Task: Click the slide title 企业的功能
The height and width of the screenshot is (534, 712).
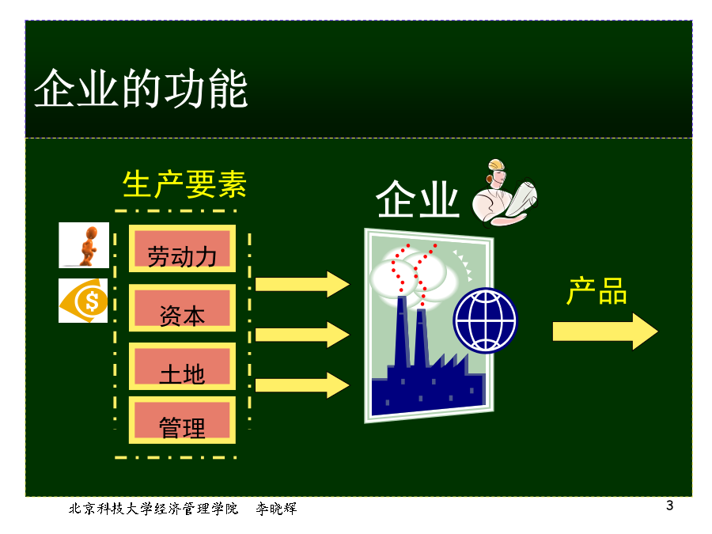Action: tap(141, 89)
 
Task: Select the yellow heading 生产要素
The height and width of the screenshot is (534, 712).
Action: tap(184, 184)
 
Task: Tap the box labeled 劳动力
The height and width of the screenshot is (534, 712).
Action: tap(182, 248)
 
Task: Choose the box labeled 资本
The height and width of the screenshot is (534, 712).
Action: tap(182, 308)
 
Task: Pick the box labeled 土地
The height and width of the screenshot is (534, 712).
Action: tap(182, 366)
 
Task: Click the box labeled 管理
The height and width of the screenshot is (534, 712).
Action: tap(182, 419)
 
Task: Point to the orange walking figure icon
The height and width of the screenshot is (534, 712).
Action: tap(84, 245)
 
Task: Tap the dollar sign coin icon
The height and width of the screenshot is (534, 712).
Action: tap(83, 301)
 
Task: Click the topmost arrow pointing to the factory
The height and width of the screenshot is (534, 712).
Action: tap(302, 285)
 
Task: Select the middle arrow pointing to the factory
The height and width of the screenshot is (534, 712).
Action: tap(302, 335)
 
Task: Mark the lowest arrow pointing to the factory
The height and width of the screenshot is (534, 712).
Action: tap(302, 385)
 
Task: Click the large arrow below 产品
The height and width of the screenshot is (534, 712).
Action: tap(605, 331)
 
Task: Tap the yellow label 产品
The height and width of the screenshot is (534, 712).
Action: tap(597, 291)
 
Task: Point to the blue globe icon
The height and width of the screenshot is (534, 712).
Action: tap(486, 320)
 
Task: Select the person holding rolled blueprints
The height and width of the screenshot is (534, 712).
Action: tap(504, 193)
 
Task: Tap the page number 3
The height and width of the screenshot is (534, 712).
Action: tap(670, 506)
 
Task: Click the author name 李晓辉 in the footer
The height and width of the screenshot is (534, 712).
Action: tap(276, 509)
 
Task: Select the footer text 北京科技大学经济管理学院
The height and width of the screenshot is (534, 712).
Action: tap(153, 509)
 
